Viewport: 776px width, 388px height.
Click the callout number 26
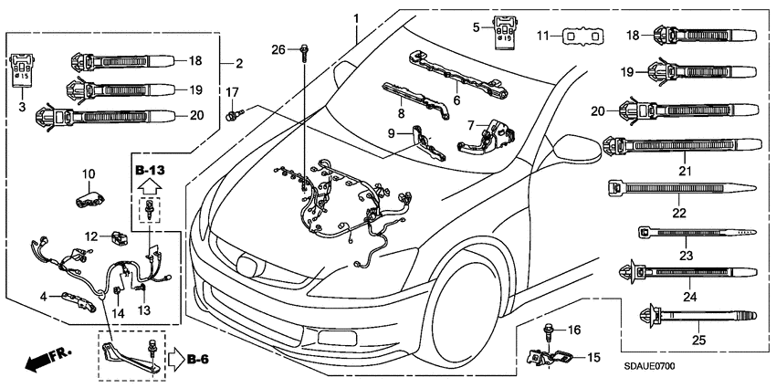point(278,48)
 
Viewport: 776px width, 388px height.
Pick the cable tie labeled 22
point(679,189)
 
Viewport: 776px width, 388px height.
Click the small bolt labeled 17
point(233,114)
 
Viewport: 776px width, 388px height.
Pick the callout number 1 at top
point(357,19)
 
